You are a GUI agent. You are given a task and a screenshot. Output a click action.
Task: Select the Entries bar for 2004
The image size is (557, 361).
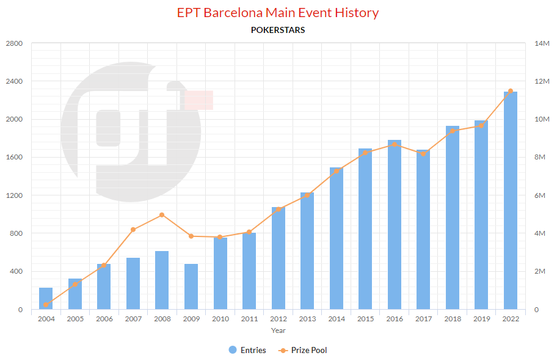click(46, 299)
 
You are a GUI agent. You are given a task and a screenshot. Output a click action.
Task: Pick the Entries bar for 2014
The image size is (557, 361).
click(337, 238)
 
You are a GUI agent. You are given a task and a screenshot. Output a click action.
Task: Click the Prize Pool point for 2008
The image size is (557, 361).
click(162, 215)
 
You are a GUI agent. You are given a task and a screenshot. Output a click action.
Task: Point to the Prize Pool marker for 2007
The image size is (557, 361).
click(133, 230)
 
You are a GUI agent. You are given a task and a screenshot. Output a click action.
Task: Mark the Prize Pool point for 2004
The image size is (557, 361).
click(46, 304)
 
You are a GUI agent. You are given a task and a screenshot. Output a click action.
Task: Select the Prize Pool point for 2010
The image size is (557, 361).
click(220, 237)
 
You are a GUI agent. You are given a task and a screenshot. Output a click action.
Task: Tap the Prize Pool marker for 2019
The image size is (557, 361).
click(481, 126)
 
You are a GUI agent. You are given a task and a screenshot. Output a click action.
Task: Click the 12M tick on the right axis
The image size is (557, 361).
click(542, 81)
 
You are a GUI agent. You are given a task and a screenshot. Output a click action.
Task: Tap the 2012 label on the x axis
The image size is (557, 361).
click(278, 319)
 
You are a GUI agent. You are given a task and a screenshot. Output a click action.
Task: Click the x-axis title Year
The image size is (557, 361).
click(278, 330)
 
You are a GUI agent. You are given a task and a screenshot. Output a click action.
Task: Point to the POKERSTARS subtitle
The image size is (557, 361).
click(278, 29)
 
